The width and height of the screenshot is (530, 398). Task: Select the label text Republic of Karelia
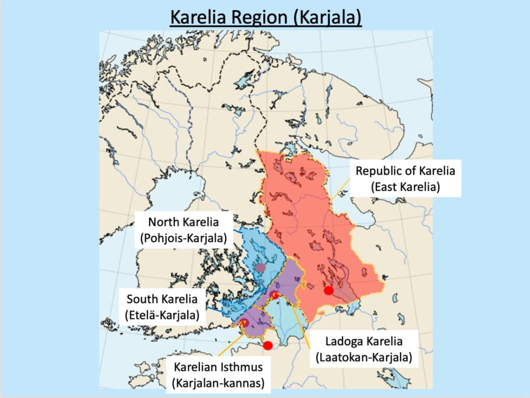point(405,172)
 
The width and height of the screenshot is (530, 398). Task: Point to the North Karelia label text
point(184,222)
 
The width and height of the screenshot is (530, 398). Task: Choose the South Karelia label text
point(162,299)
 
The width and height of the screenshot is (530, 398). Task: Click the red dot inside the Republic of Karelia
point(328,290)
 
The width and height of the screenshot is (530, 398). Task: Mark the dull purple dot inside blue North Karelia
point(261,267)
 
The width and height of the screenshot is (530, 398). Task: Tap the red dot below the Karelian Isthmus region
point(268,345)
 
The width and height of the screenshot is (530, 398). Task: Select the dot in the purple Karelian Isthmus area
point(245,323)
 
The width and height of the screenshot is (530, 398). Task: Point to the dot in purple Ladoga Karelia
point(274,295)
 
